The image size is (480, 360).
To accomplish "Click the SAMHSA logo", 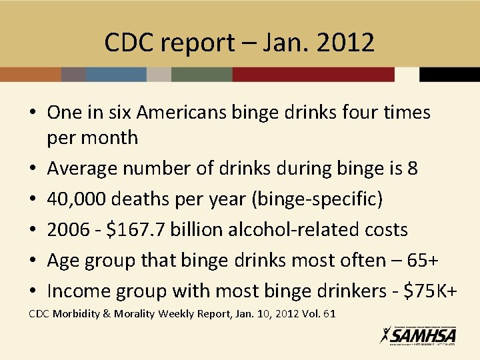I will [x=418, y=335].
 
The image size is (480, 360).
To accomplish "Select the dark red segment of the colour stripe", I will [x=313, y=74].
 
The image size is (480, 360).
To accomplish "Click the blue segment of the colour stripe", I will [x=116, y=74].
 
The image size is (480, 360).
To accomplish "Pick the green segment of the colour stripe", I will [x=201, y=74].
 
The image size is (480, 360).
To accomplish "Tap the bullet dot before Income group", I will [x=32, y=291].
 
